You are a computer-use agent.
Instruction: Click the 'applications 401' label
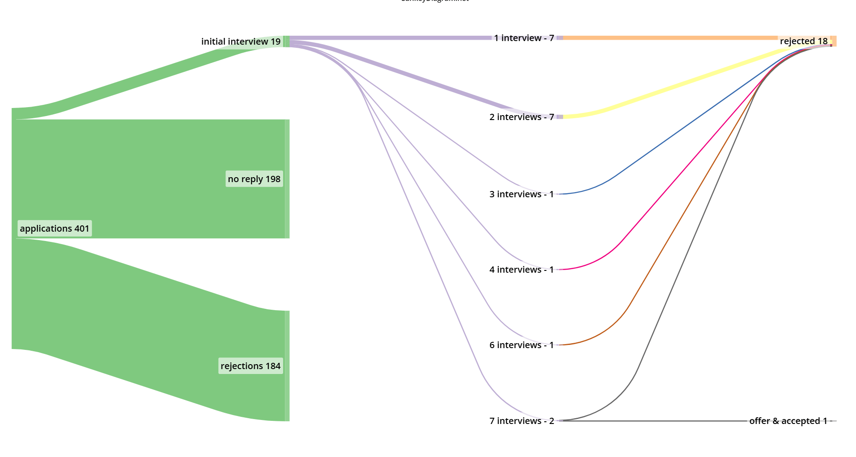coord(54,228)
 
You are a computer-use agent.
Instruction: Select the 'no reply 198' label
coord(254,179)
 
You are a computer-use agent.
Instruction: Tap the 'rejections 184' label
coord(251,366)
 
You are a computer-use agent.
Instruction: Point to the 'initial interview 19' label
coord(241,42)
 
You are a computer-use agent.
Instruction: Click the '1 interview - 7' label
coord(524,38)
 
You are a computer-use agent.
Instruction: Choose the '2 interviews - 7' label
coord(522,117)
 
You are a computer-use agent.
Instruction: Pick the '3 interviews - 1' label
coord(522,194)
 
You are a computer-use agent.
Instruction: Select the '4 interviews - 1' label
coord(522,270)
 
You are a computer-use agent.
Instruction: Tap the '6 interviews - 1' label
coord(522,345)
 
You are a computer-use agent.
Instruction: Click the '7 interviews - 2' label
coord(522,421)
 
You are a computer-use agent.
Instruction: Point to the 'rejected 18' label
coord(803,41)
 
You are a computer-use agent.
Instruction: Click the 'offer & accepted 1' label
coord(788,421)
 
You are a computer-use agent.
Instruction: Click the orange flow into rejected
coord(669,38)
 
